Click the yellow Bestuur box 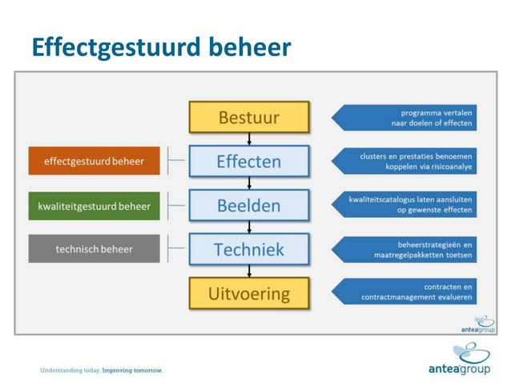click(249, 117)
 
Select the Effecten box click(249, 161)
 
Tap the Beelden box click(249, 205)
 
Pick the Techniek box click(249, 249)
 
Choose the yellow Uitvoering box click(249, 293)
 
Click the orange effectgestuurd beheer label click(95, 161)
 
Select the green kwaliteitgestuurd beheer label click(95, 206)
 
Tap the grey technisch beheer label click(95, 249)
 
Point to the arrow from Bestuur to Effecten click(249, 139)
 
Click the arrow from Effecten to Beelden click(249, 183)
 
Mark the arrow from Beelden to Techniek click(249, 227)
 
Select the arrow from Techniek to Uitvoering click(249, 271)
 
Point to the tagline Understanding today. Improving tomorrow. click(102, 370)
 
